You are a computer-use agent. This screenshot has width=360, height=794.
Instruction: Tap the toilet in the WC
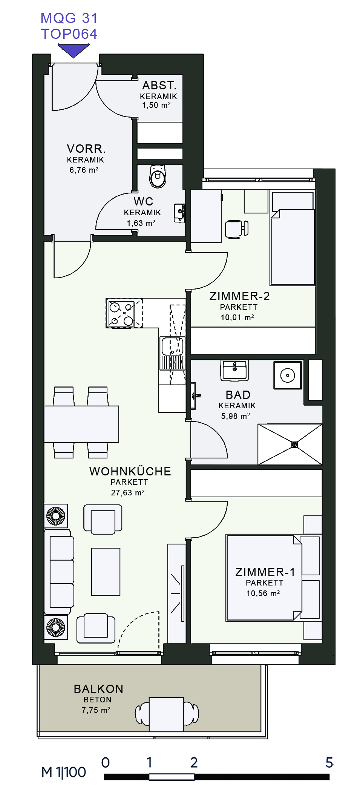[x=158, y=176]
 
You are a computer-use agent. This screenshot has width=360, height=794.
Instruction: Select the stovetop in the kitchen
[x=125, y=313]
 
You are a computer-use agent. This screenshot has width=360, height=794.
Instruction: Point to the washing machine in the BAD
[x=288, y=375]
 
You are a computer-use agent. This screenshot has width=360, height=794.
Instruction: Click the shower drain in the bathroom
[x=294, y=445]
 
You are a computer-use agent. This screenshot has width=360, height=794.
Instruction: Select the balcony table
[x=166, y=714]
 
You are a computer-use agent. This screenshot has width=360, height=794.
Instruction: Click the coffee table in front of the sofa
[x=106, y=572]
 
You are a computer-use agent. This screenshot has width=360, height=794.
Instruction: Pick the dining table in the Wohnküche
[x=81, y=424]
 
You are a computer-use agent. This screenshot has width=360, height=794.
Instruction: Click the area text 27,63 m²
[x=128, y=492]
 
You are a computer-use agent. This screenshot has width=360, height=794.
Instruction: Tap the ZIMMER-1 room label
[x=265, y=572]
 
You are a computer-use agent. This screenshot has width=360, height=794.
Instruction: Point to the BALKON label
[x=99, y=689]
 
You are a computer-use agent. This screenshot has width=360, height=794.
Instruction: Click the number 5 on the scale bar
[x=329, y=762]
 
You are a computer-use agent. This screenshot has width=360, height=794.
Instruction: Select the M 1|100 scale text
[x=64, y=772]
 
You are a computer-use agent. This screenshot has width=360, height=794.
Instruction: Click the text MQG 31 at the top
[x=69, y=18]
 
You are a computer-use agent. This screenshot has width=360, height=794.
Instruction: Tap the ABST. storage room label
[x=159, y=85]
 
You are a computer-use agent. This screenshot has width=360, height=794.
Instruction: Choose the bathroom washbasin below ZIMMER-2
[x=234, y=371]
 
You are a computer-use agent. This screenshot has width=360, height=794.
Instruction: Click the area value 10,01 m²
[x=237, y=317]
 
